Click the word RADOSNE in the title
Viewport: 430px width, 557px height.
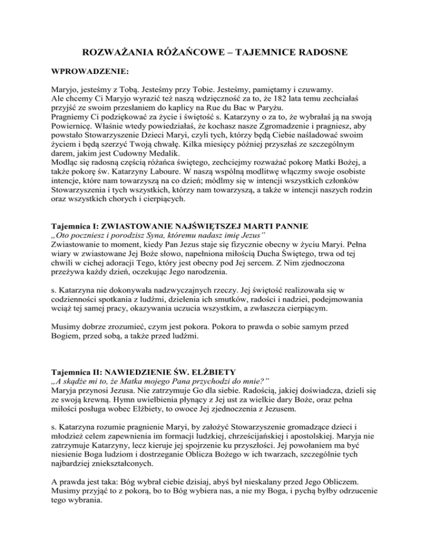(x=320, y=53)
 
